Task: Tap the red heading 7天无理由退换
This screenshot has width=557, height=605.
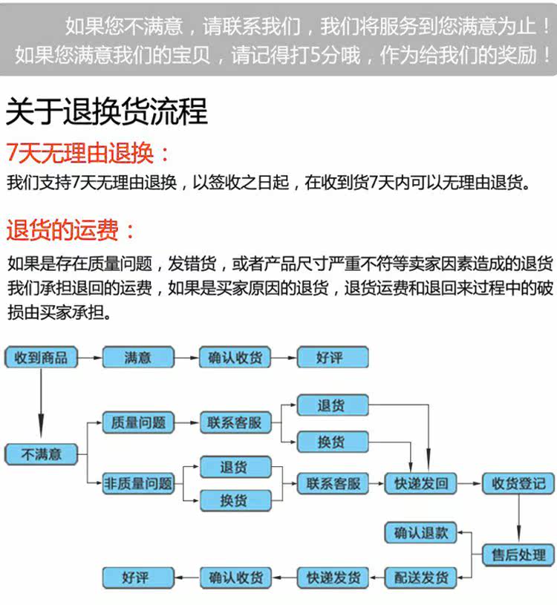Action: pos(88,154)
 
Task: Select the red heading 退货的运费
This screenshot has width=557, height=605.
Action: pos(71,230)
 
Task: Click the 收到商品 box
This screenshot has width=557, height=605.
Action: pos(42,358)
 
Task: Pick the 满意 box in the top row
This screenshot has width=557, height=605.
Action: pos(137,358)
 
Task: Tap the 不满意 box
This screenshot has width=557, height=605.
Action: pos(42,454)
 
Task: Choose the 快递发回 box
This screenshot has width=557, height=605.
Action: pos(420,484)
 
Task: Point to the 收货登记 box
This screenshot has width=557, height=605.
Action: pos(518,484)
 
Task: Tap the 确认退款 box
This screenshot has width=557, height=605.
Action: pos(420,532)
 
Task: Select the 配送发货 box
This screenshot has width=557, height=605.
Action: pos(420,577)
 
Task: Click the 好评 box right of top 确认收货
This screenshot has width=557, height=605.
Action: pos(332,358)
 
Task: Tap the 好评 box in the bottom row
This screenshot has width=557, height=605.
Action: pos(137,577)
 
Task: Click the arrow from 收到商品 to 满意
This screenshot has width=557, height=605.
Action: pos(90,358)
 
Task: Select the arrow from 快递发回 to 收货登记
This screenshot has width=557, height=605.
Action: pos(469,484)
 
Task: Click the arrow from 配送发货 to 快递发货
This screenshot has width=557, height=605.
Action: pos(377,577)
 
